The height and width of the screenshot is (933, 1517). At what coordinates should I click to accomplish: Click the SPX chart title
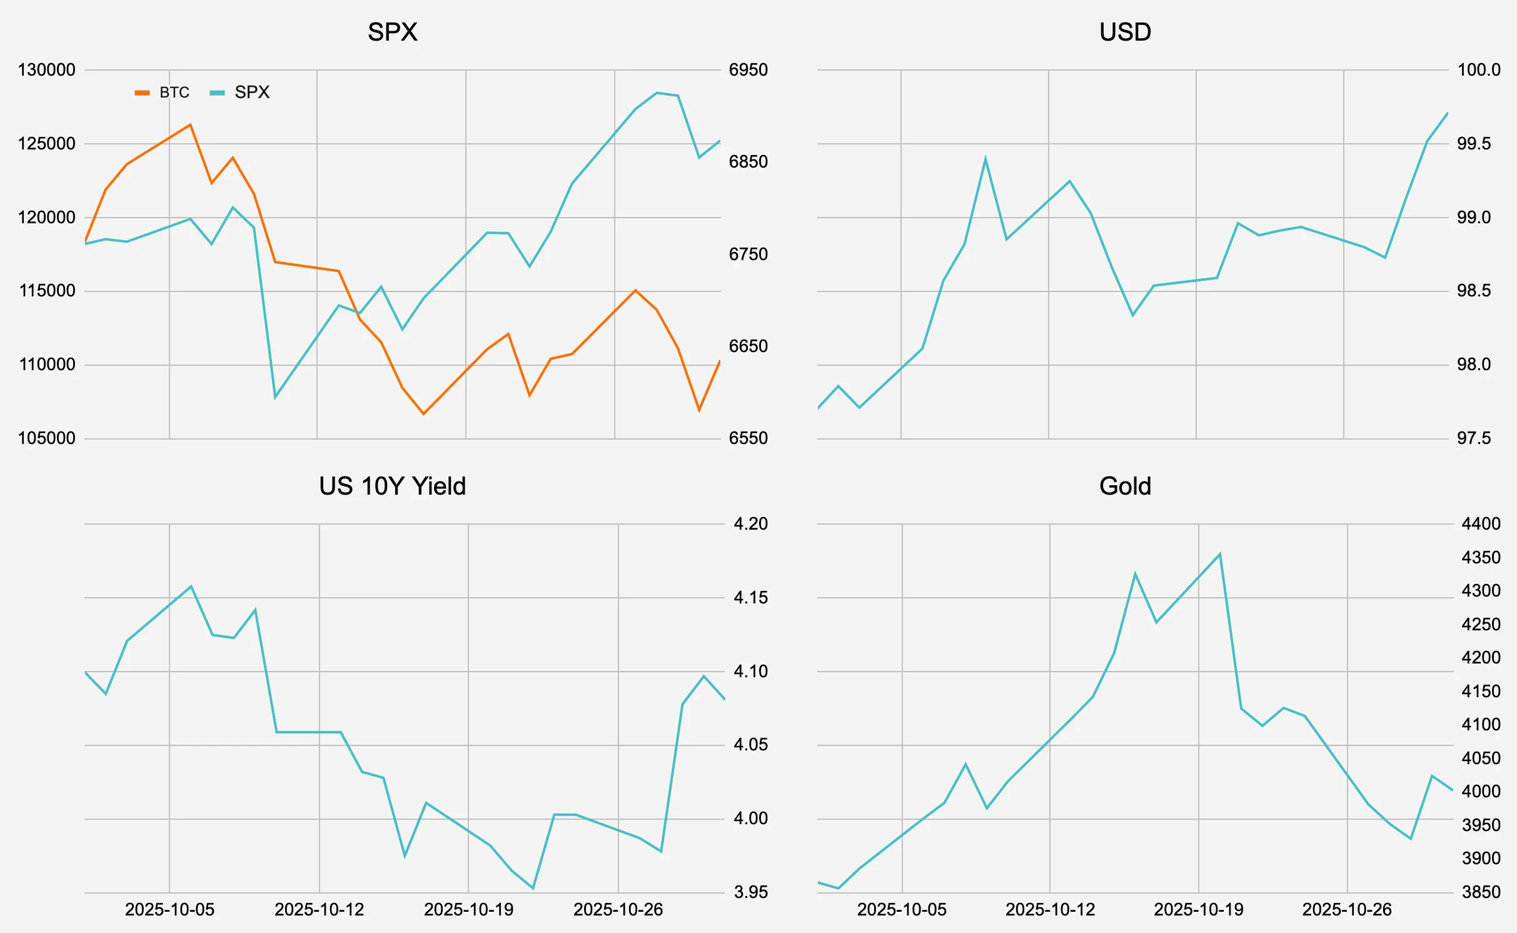(x=392, y=32)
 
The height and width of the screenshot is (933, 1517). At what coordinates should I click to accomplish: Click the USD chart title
(x=1124, y=32)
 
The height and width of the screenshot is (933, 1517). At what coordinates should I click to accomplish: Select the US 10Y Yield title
(x=392, y=486)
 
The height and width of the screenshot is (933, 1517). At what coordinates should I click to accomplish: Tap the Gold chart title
(x=1124, y=486)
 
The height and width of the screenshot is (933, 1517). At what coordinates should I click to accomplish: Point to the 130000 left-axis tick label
(x=46, y=70)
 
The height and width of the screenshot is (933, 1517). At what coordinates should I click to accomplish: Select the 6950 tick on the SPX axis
(x=748, y=70)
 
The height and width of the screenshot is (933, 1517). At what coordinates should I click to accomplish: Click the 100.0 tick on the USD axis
(x=1478, y=70)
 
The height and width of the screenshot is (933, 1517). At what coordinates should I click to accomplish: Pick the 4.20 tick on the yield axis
(x=750, y=524)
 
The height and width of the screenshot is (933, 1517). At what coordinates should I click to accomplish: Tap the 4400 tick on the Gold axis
(x=1480, y=524)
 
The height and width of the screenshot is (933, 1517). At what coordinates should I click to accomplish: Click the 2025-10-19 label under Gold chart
(x=1198, y=909)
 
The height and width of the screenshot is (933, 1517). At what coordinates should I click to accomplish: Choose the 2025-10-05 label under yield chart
(x=169, y=909)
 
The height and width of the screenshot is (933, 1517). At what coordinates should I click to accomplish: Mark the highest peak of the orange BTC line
(x=191, y=124)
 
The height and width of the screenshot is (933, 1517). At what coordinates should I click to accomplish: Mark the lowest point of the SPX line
(x=275, y=397)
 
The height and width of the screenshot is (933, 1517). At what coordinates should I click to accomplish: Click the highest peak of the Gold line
(x=1220, y=554)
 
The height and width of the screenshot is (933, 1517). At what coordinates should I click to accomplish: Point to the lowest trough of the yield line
(x=533, y=888)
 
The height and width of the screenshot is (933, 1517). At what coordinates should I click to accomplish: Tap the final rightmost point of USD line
(x=1448, y=113)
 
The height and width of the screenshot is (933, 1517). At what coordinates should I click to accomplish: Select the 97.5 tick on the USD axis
(x=1473, y=438)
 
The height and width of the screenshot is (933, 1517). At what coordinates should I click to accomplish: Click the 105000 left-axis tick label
(x=46, y=438)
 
